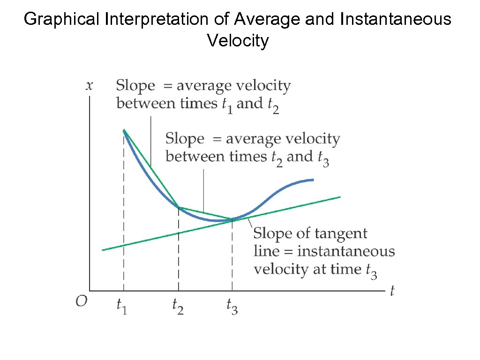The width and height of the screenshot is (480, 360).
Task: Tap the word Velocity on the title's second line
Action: coord(238,41)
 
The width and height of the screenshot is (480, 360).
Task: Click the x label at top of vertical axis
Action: coord(89,85)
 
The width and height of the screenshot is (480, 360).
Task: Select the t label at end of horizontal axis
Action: coord(392,291)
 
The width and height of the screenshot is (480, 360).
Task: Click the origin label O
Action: coord(82,301)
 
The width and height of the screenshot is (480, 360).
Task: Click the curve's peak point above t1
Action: coord(124,130)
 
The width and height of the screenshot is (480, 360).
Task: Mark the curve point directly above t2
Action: coord(179,207)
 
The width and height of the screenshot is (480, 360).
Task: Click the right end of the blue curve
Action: coord(313,180)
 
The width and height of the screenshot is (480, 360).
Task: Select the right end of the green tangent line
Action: coord(340,197)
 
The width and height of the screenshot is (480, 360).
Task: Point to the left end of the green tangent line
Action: coord(103,250)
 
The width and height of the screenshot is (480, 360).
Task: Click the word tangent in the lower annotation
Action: coord(341,233)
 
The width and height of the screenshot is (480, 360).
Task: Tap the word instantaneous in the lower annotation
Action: coord(346,252)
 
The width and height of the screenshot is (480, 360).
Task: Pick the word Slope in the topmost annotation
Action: coord(135,86)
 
